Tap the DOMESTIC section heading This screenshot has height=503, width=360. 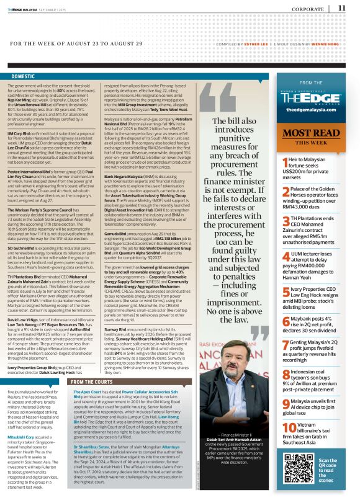pyautogui.click(x=23, y=76)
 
